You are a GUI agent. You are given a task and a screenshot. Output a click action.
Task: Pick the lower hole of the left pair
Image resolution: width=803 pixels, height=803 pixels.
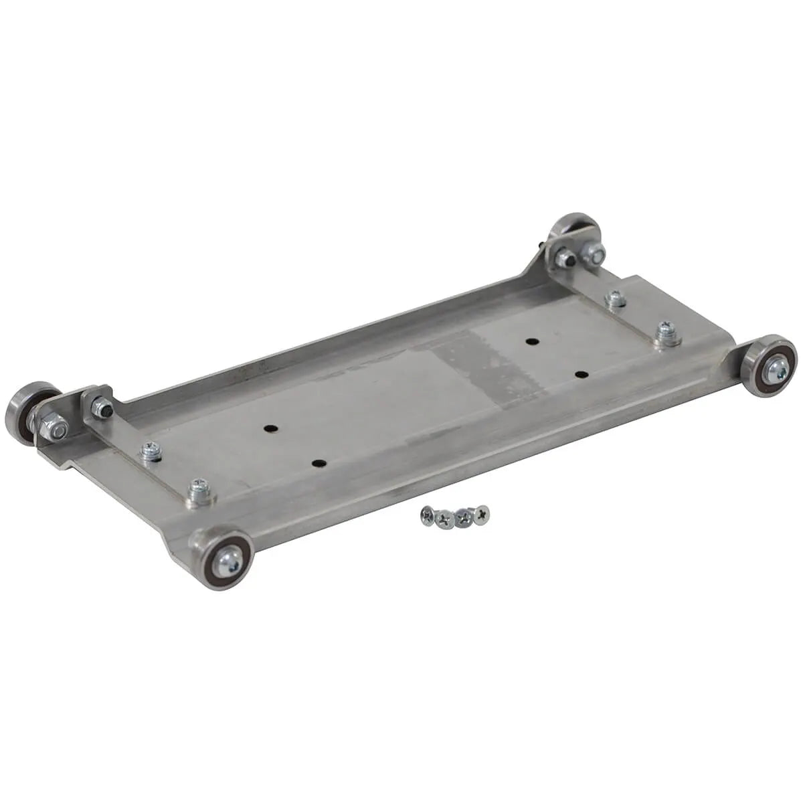(x=319, y=463)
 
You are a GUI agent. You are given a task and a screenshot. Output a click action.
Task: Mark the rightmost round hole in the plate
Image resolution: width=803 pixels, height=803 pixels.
(x=579, y=374)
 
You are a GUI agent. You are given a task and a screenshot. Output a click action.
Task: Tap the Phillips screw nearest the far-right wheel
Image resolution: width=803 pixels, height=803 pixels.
(x=665, y=330)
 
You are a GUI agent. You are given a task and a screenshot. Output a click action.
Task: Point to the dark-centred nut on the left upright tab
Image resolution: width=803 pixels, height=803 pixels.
(x=102, y=407)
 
